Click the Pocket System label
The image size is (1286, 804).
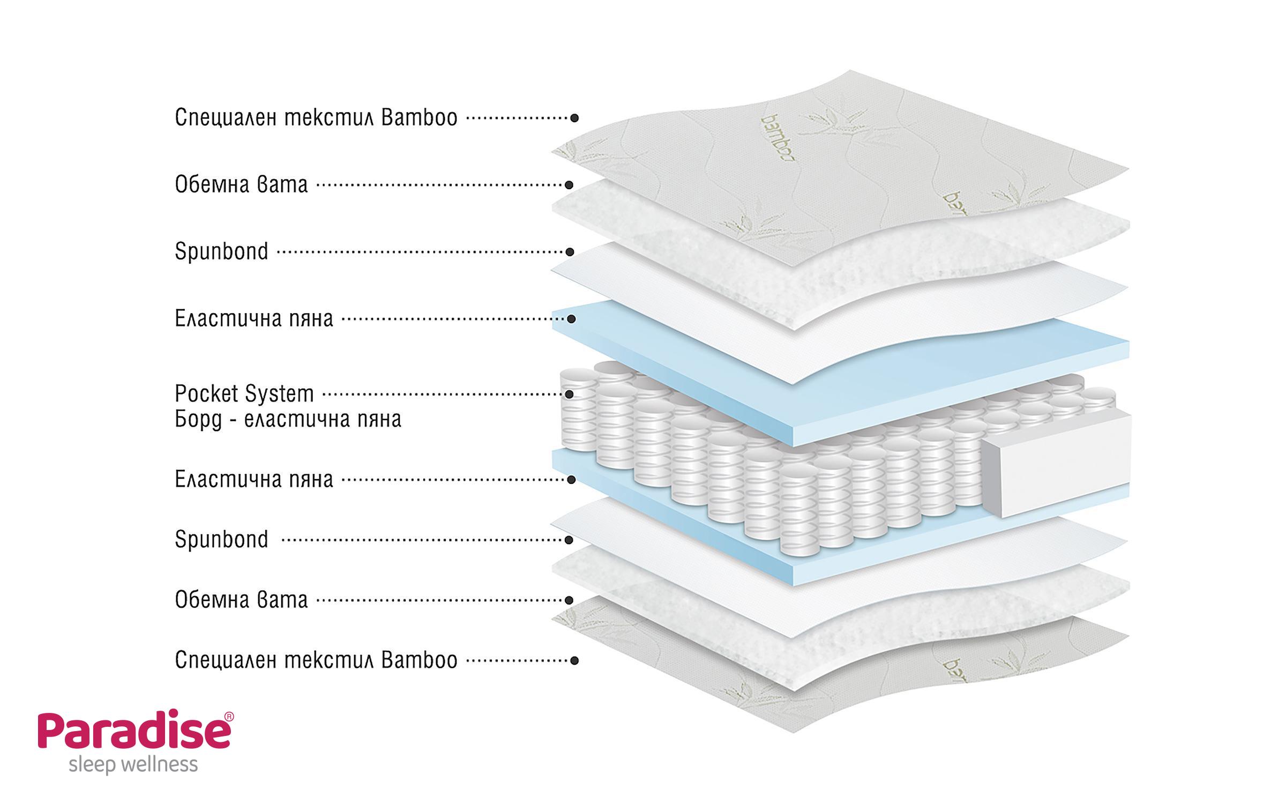tap(244, 394)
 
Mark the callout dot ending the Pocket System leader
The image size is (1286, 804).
tap(570, 394)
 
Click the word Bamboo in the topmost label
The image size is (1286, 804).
tap(419, 118)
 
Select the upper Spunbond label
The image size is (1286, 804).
tap(221, 251)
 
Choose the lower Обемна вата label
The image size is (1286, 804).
tap(241, 600)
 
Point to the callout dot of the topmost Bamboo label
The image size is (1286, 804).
tap(574, 118)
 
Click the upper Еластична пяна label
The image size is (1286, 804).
tap(254, 319)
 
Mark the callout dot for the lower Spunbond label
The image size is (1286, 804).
tap(570, 540)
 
